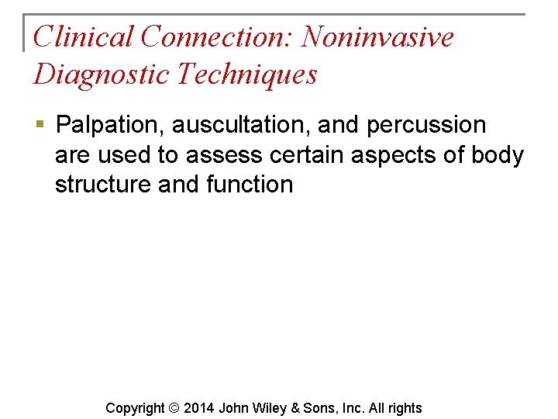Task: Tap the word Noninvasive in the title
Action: click(378, 36)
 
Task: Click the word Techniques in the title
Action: click(247, 74)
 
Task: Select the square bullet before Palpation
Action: click(40, 125)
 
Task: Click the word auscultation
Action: click(241, 125)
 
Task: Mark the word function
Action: click(250, 185)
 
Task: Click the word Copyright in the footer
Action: click(135, 408)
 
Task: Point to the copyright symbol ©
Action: click(174, 408)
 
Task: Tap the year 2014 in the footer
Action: click(199, 408)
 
